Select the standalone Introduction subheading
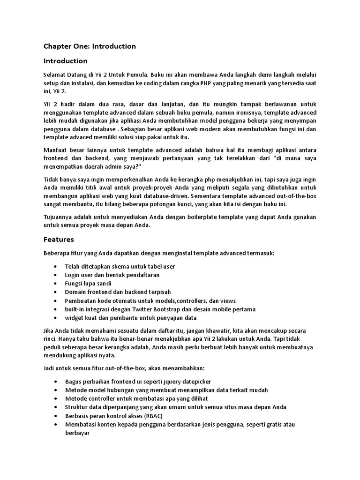point(65,61)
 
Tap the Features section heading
point(59,239)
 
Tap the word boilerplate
point(213,217)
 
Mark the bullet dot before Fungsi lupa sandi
point(56,284)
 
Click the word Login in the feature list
point(73,275)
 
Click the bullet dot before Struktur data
point(56,407)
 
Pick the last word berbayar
point(77,433)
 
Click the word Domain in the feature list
point(75,292)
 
